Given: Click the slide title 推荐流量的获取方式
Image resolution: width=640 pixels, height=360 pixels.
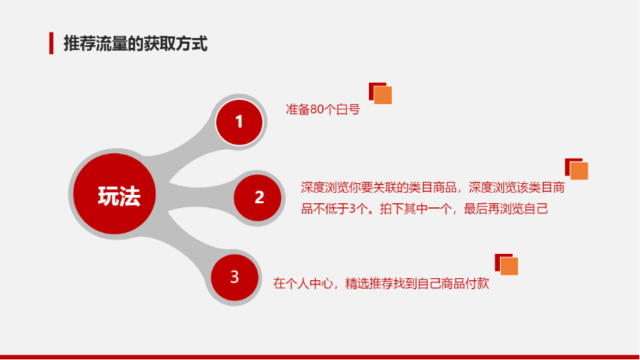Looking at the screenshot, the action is click(135, 44).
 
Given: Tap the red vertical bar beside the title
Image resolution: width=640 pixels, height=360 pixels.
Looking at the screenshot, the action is click(51, 43).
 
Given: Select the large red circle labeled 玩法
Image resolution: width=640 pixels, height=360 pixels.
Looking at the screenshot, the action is click(114, 194).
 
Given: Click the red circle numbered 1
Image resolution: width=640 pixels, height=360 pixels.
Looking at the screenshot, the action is click(239, 122).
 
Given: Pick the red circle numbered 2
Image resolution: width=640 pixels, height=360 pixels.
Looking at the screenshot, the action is click(257, 198).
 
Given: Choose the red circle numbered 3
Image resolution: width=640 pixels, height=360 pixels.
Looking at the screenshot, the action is click(234, 277).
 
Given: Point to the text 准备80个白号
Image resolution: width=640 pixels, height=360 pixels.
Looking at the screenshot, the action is click(323, 110).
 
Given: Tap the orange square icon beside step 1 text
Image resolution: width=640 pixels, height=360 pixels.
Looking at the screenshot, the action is click(383, 95).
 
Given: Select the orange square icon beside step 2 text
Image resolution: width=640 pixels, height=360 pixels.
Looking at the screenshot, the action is click(579, 171).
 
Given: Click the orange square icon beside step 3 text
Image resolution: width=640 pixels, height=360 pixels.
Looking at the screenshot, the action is click(509, 266).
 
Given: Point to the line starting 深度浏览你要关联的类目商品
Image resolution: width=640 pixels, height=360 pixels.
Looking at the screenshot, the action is click(433, 187).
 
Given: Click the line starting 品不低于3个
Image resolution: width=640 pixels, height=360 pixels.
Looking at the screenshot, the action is click(424, 209).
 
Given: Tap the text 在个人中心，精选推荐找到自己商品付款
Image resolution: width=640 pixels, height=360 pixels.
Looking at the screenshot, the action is click(381, 283).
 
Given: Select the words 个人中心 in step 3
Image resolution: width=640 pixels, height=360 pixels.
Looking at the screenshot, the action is click(309, 283).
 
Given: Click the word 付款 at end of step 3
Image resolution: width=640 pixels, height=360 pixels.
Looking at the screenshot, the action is click(477, 283).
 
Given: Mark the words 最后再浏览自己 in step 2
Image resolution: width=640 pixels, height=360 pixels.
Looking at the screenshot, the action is click(506, 209).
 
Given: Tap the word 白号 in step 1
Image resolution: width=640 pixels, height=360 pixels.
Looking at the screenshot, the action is click(348, 110).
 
